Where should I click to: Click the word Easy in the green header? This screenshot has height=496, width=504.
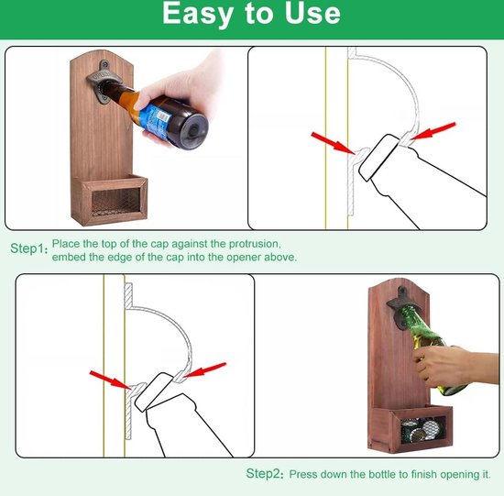click(198, 15)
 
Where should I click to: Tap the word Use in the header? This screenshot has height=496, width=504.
click(312, 13)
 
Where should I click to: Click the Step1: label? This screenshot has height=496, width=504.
click(29, 248)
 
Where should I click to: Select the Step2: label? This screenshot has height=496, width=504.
click(265, 473)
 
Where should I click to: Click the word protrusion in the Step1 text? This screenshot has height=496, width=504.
click(255, 244)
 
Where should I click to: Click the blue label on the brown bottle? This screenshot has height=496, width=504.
click(154, 121)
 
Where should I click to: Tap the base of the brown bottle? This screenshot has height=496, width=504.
click(192, 130)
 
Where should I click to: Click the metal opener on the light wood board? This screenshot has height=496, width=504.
click(103, 82)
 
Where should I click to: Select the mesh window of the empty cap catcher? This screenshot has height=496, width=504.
click(116, 202)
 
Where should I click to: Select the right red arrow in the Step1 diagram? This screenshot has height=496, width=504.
click(433, 130)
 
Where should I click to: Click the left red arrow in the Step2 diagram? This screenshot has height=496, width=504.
click(110, 380)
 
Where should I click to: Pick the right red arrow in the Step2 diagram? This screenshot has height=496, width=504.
click(204, 369)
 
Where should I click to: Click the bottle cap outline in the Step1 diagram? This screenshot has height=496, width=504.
click(379, 158)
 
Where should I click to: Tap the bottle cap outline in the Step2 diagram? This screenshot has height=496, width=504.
click(154, 391)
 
